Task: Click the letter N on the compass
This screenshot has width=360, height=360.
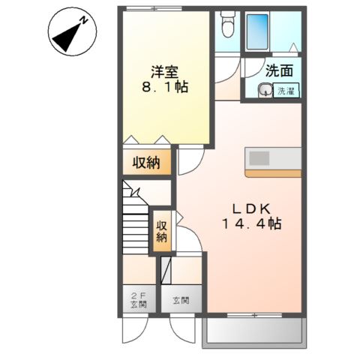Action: [85, 22]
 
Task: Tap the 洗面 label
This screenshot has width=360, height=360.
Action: [279, 72]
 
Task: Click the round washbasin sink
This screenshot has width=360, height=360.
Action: [265, 91]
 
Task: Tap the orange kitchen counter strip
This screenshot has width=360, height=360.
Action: [273, 173]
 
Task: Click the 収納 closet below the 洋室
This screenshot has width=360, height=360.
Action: [146, 162]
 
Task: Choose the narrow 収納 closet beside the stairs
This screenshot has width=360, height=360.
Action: [162, 232]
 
